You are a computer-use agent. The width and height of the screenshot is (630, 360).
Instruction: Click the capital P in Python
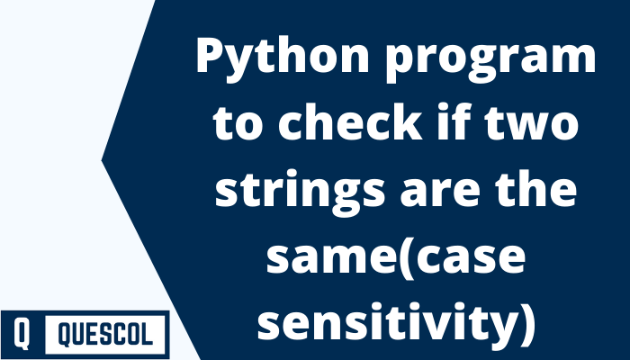click(x=210, y=59)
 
